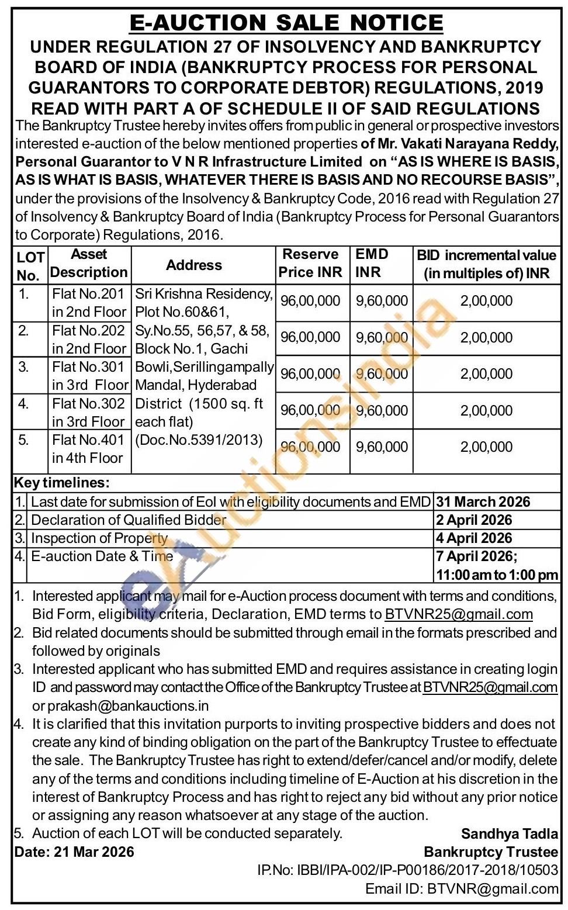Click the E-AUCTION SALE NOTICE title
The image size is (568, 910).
286,23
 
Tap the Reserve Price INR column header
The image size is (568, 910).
310,263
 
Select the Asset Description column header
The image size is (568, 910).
89,263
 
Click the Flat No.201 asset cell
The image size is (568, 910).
89,303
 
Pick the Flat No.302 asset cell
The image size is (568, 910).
89,413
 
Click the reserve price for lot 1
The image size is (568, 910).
310,301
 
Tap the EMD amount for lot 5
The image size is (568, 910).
382,447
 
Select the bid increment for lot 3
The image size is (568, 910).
486,374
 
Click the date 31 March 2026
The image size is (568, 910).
483,502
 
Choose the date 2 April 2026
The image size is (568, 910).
474,520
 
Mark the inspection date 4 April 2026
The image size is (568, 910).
474,538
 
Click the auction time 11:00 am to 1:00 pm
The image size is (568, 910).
497,575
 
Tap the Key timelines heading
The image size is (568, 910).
61,483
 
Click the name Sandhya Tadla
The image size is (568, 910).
510,834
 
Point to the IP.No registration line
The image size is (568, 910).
407,870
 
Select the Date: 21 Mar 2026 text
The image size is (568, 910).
74,852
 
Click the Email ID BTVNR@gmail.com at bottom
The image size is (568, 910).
462,889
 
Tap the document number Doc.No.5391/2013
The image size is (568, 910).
199,440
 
